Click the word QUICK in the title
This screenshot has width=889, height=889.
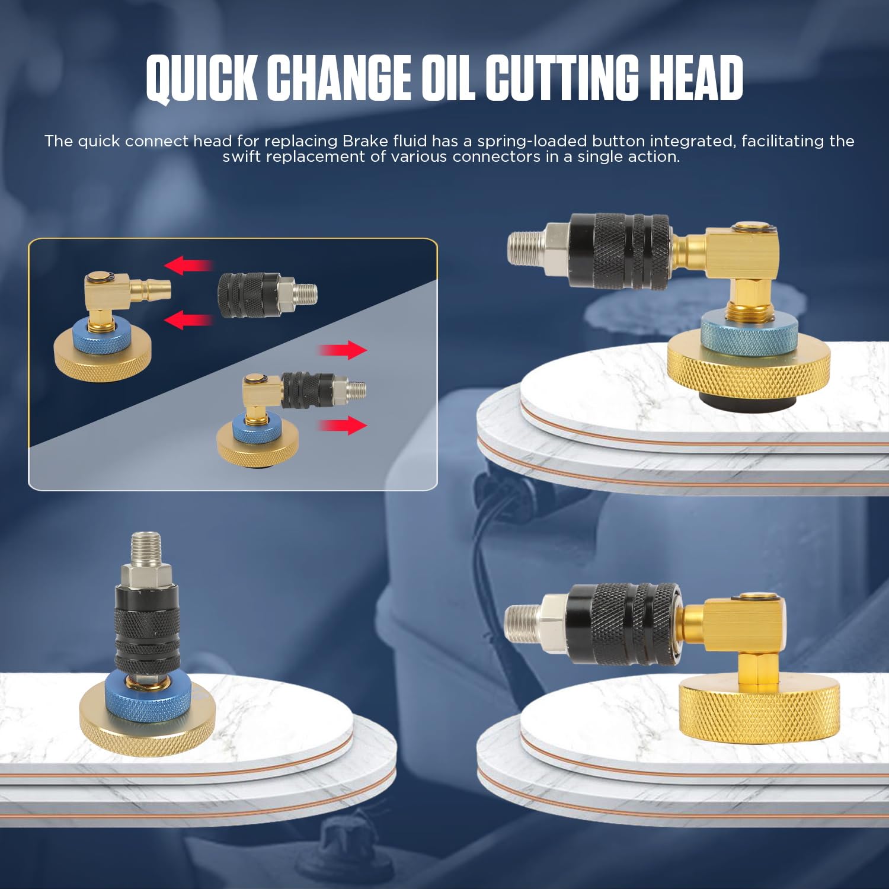tap(202, 79)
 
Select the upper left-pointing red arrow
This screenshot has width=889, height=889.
tap(188, 266)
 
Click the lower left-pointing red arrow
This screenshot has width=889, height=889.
tap(188, 321)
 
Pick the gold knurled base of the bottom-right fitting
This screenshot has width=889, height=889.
tap(759, 712)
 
